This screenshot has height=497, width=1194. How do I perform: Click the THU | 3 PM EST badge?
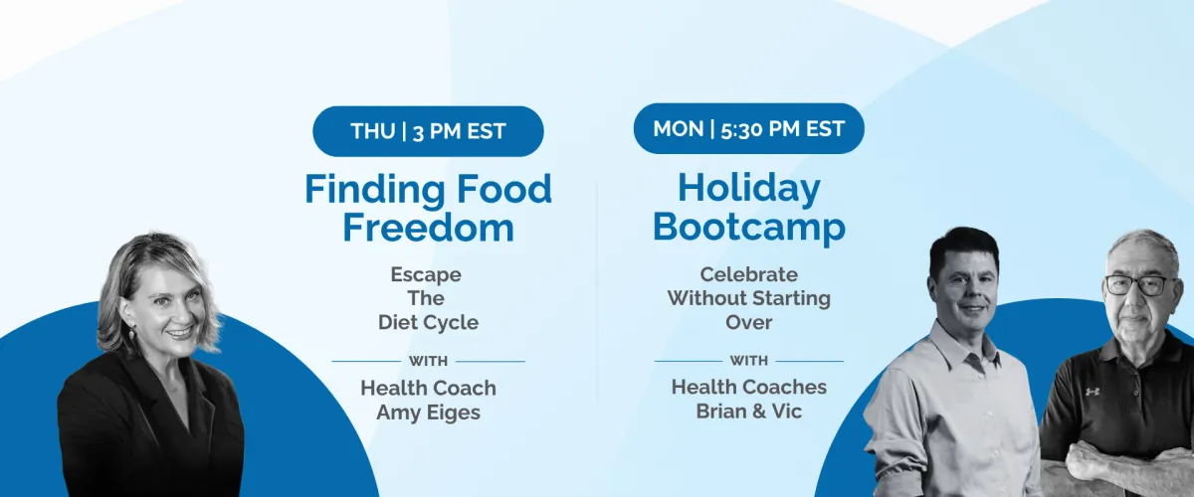tap(428, 131)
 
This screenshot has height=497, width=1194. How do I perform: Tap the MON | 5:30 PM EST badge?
tap(749, 128)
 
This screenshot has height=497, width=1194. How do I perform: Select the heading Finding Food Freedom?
tap(428, 209)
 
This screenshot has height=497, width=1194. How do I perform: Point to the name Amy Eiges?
tap(428, 413)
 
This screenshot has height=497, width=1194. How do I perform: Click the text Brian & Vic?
tap(749, 412)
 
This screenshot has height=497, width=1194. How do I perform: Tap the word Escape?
tap(426, 275)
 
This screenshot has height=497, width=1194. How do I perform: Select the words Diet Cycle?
tap(428, 322)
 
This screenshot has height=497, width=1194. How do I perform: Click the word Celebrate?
tap(749, 274)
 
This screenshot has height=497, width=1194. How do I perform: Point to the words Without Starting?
tap(749, 298)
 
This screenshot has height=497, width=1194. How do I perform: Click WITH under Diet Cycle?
tap(428, 361)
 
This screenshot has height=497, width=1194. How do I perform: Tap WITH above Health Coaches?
tap(749, 361)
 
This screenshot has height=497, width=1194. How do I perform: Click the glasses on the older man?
tap(1139, 285)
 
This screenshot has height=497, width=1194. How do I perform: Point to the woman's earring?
tap(131, 335)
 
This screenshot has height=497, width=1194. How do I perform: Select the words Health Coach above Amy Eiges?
tap(428, 389)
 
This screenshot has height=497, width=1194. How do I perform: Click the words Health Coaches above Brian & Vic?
tap(749, 388)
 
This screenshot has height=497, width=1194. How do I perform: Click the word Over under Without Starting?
tap(748, 322)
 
